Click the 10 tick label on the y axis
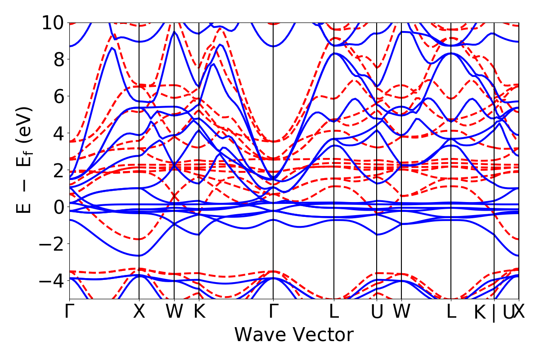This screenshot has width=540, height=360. (54, 22)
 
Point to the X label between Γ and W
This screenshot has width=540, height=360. (139, 312)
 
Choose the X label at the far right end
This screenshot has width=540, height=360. (519, 312)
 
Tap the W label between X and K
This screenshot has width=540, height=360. (174, 312)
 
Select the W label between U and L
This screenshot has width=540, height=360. (401, 312)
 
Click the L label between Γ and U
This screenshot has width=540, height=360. (333, 312)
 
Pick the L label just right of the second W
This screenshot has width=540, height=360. (451, 312)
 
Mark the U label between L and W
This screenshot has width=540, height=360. (377, 312)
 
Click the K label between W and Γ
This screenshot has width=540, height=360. (199, 312)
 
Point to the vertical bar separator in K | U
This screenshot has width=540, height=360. (494, 313)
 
